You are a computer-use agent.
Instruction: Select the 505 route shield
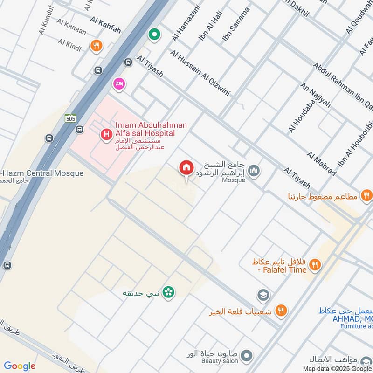tap(70, 118)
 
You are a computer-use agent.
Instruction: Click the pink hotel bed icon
tap(119, 83)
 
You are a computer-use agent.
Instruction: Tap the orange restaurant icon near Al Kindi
tap(97, 46)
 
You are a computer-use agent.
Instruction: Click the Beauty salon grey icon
tap(247, 355)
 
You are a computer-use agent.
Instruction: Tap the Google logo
tap(20, 366)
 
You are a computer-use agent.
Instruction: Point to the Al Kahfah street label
tap(105, 26)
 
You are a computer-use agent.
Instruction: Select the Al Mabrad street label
tap(322, 163)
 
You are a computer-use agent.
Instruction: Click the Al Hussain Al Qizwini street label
tap(200, 73)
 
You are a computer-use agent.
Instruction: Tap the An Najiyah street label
tap(316, 96)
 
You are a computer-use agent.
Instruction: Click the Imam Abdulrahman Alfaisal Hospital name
tap(145, 129)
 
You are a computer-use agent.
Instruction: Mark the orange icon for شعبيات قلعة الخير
tap(281, 311)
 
